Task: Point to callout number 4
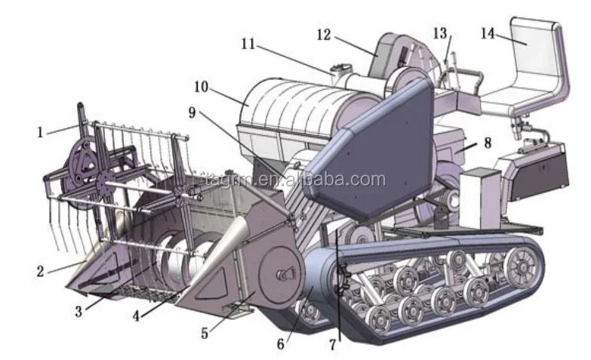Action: [136, 316]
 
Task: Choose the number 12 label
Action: [324, 35]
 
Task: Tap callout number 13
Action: [440, 34]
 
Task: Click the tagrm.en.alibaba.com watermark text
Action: [295, 180]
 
